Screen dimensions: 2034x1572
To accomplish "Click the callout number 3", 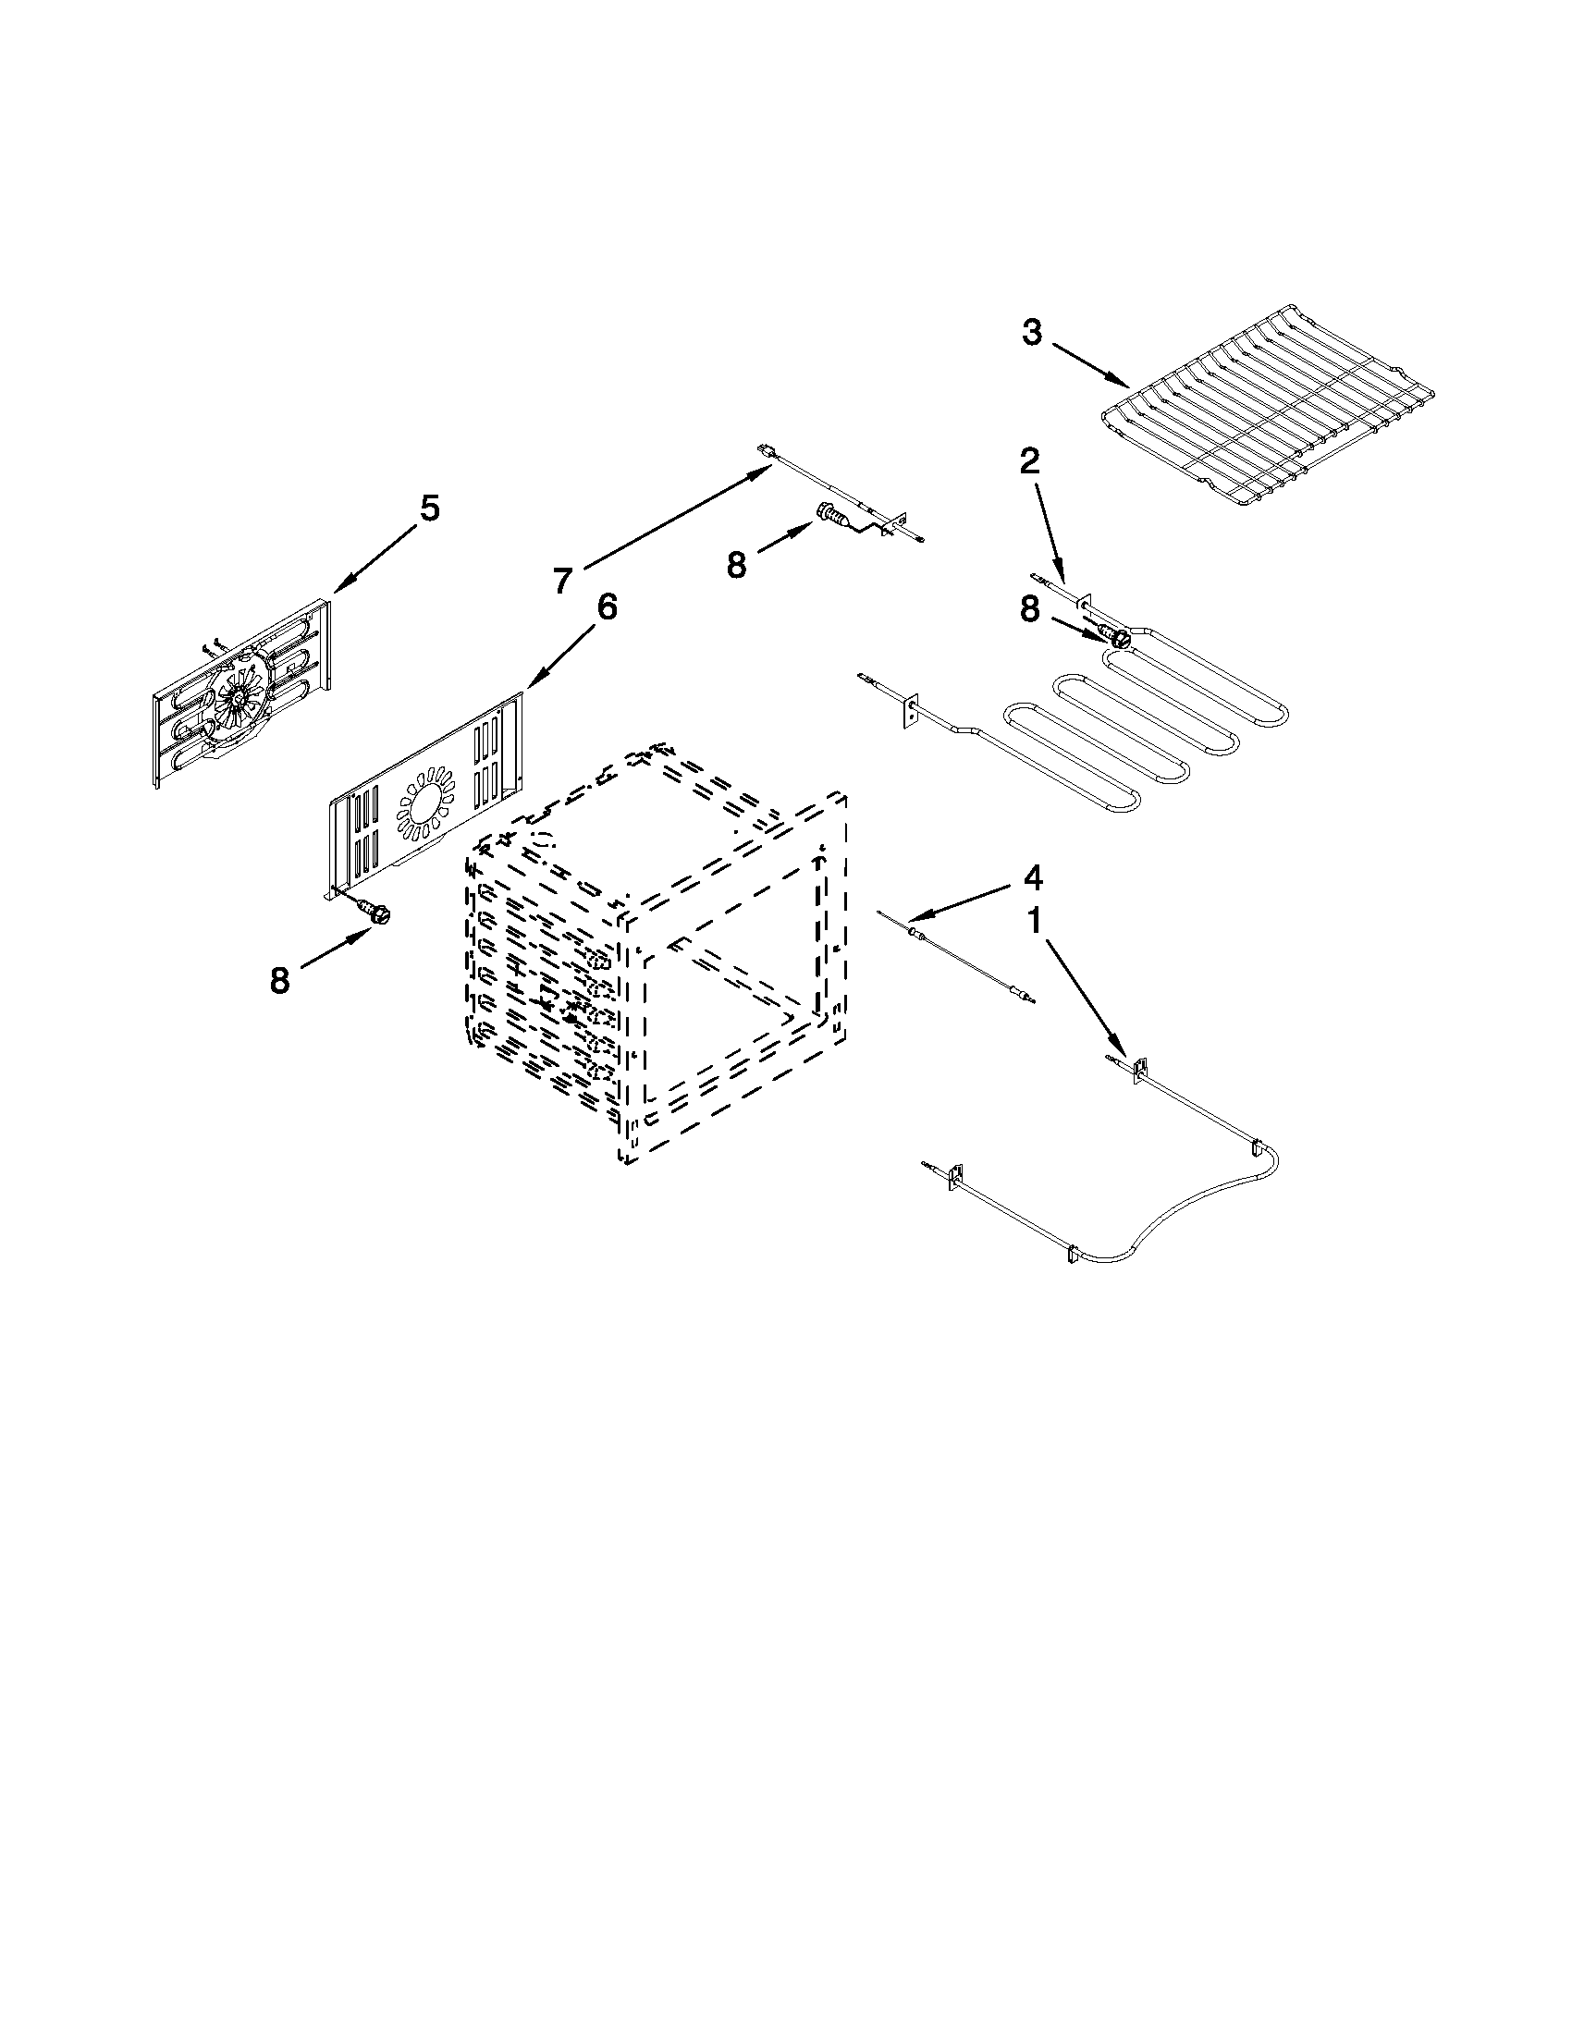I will tap(1031, 333).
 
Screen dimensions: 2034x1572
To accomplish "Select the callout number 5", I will tap(428, 508).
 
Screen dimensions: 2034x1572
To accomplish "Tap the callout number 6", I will tap(606, 607).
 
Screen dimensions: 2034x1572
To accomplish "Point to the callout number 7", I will tap(561, 581).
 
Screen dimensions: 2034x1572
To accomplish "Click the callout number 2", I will tap(1029, 460).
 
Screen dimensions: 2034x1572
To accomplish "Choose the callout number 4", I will tap(1032, 876).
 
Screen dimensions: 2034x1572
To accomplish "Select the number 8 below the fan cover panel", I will tap(279, 980).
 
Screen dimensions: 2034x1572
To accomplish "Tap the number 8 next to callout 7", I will tap(737, 564).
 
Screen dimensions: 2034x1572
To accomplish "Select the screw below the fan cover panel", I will tap(377, 914).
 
